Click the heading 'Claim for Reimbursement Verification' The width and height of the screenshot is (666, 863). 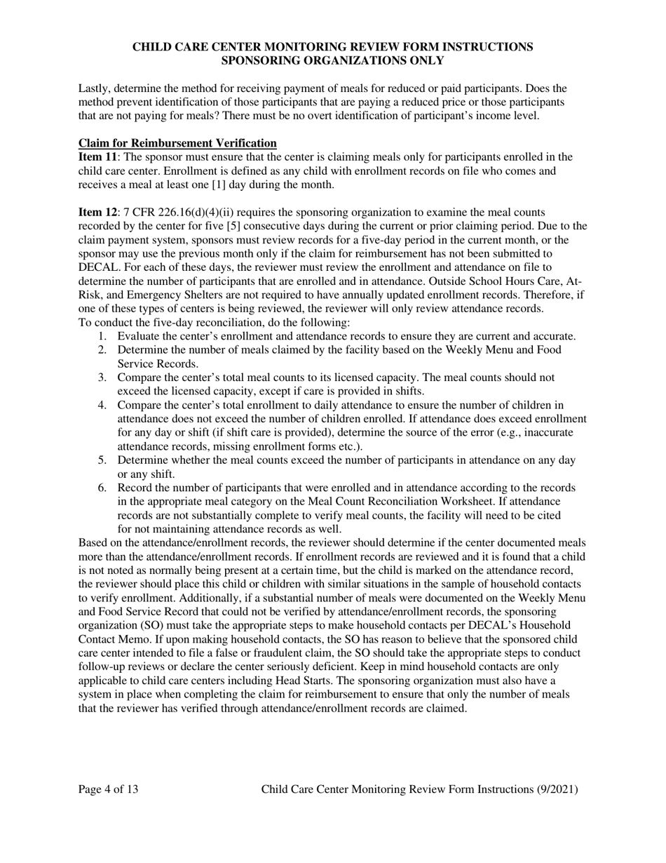pos(177,143)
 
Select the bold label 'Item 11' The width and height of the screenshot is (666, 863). pos(96,156)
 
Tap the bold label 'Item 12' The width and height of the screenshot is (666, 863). pos(96,212)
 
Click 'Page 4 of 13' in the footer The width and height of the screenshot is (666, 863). pos(108,789)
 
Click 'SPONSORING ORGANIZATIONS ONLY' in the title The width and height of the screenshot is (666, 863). pos(332,60)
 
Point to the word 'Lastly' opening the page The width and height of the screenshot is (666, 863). pos(95,88)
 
